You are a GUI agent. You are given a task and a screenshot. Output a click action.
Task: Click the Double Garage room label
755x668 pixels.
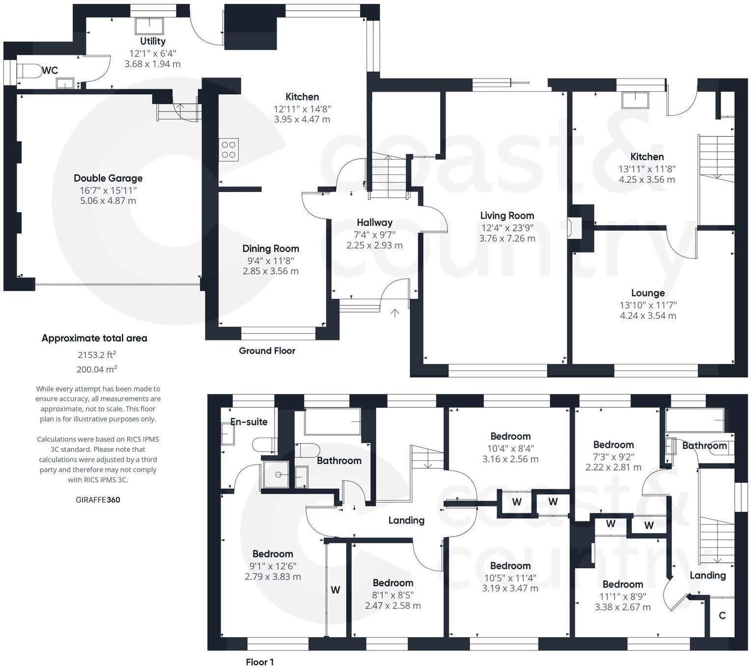click(x=108, y=178)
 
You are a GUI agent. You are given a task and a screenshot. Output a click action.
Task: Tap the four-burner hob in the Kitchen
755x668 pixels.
click(x=228, y=150)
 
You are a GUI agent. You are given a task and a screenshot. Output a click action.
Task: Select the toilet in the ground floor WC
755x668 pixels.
click(x=29, y=71)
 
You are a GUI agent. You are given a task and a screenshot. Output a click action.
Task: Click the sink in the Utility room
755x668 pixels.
click(x=149, y=26)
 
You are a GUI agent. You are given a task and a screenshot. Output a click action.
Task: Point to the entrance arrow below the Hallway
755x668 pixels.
click(x=395, y=312)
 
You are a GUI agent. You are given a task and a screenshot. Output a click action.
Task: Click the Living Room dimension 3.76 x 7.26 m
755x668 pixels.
click(x=507, y=238)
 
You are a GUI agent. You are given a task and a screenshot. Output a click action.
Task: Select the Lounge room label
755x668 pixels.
click(x=647, y=293)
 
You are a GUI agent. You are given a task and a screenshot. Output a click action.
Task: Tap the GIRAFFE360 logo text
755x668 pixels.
click(x=98, y=500)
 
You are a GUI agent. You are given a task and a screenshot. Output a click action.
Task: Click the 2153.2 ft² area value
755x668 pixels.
click(x=97, y=355)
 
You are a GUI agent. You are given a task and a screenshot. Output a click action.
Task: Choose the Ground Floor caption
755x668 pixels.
click(x=267, y=351)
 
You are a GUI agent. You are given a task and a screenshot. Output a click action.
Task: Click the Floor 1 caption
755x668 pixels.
click(x=260, y=662)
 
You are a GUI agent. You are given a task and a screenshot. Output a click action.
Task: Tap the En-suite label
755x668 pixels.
click(x=249, y=421)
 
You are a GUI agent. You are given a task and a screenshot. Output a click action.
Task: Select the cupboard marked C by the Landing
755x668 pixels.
click(x=722, y=615)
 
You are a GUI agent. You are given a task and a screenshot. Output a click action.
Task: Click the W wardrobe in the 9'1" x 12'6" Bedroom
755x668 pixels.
click(x=336, y=590)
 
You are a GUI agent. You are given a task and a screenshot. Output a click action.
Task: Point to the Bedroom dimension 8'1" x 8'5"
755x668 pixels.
click(x=392, y=594)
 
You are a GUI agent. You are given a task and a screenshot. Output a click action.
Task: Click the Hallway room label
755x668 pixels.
click(x=374, y=223)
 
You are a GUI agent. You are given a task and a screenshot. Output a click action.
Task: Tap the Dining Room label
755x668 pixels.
click(x=270, y=249)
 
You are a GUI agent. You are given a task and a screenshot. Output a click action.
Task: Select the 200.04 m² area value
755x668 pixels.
click(x=97, y=369)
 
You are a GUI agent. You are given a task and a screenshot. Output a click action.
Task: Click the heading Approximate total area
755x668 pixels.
click(x=94, y=338)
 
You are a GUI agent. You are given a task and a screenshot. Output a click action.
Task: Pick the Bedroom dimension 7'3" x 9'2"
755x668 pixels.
click(x=613, y=456)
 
